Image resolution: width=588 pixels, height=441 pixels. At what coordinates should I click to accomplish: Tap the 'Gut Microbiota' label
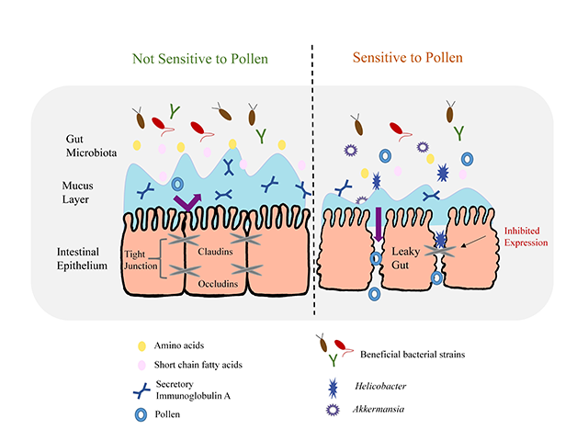coord(85,143)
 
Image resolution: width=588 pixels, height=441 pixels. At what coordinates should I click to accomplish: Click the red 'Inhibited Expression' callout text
coord(531,235)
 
